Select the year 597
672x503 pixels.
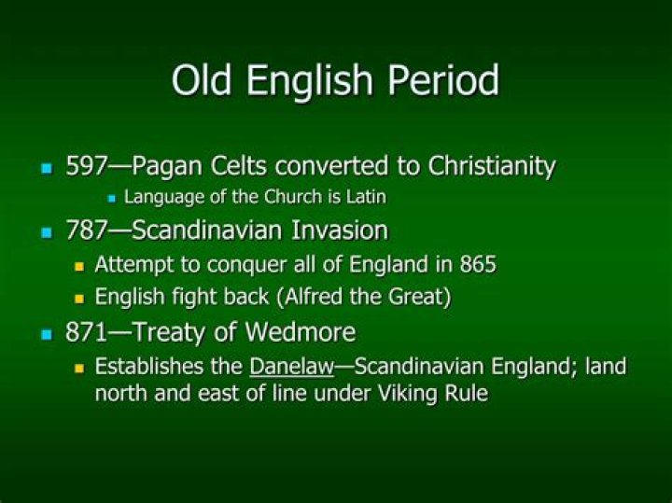point(87,167)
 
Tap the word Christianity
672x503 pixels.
point(492,167)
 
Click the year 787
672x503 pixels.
point(87,231)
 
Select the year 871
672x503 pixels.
point(87,332)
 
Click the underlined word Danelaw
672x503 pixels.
point(291,366)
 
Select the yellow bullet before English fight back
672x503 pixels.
point(79,300)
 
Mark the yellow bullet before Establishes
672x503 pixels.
point(79,368)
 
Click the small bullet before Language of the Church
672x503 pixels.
point(112,199)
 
